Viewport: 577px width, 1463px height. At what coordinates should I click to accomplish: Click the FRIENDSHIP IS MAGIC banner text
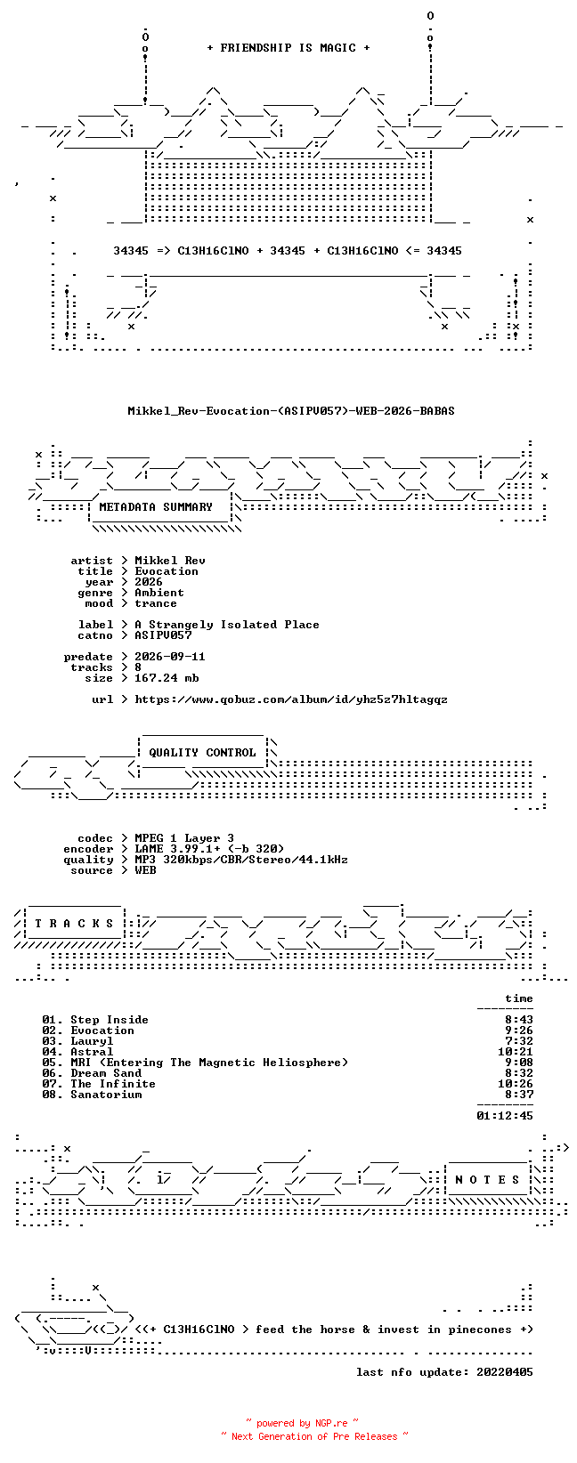[288, 48]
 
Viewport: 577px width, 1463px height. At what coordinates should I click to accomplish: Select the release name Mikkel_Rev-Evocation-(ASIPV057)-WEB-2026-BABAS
[291, 411]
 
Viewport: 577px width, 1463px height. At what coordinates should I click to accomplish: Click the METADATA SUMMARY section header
[156, 507]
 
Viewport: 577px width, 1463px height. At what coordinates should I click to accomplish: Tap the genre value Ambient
[158, 593]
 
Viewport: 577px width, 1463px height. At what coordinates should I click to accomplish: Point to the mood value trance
[156, 603]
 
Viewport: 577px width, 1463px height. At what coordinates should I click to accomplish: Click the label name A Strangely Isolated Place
[227, 625]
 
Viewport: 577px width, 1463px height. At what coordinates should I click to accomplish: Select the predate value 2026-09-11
[170, 657]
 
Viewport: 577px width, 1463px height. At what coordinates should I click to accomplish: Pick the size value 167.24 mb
[167, 678]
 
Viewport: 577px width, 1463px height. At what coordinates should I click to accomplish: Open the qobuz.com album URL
[291, 699]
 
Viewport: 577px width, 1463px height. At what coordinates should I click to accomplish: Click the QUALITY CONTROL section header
[202, 752]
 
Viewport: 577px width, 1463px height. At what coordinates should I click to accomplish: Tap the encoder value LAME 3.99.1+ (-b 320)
[209, 849]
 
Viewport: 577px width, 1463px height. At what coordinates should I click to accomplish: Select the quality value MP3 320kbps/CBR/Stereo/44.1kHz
[241, 860]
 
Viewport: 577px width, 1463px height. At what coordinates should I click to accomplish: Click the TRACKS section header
[74, 924]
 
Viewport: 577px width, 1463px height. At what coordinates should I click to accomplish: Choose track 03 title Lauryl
[92, 1041]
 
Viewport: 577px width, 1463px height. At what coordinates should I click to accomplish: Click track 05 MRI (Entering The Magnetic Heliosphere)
[209, 1063]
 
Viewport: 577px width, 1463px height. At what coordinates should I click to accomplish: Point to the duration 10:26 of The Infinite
[515, 1084]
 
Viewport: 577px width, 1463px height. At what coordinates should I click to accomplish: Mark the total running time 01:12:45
[505, 1116]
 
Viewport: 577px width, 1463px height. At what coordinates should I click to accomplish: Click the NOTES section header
[487, 1179]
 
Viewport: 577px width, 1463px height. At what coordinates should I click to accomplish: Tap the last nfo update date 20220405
[505, 1372]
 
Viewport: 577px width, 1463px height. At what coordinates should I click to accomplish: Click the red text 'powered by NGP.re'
[302, 1423]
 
